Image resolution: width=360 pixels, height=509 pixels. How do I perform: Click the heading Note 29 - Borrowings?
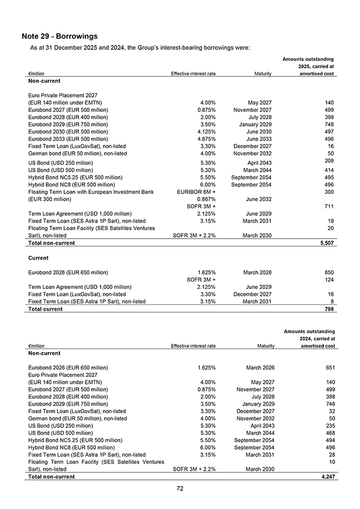tap(60, 37)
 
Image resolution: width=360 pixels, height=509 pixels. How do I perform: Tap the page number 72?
tap(180, 489)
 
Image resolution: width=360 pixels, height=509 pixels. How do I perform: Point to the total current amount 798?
tap(329, 309)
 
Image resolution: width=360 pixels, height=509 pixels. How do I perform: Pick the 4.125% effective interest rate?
tap(205, 131)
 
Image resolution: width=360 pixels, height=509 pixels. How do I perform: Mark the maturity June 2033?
tap(260, 139)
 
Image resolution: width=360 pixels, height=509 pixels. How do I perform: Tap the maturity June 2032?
tap(260, 199)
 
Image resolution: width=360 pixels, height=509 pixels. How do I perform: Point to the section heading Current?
tap(38, 258)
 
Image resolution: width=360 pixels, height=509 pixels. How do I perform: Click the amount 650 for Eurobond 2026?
tap(329, 273)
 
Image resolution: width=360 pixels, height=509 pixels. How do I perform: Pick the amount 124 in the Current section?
tap(329, 280)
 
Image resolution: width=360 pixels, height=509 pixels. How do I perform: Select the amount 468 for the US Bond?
tap(329, 433)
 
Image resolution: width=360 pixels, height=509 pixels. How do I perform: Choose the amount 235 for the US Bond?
tap(329, 426)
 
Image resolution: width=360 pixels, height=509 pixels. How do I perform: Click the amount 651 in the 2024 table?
tap(329, 367)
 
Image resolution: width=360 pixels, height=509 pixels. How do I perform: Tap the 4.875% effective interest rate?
tap(205, 139)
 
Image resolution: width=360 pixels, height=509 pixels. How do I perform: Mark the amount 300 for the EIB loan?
tap(329, 191)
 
